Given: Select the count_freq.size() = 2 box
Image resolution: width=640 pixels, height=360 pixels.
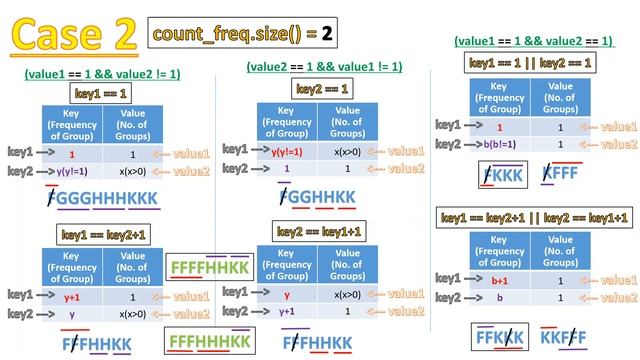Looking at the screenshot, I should pos(243,34).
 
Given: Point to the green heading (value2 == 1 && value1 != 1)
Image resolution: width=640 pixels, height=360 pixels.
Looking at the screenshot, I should pos(324,66).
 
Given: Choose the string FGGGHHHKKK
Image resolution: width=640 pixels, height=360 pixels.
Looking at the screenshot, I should pos(102,198).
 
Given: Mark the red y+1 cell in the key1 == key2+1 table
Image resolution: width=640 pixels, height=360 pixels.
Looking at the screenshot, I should pos(72,297).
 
